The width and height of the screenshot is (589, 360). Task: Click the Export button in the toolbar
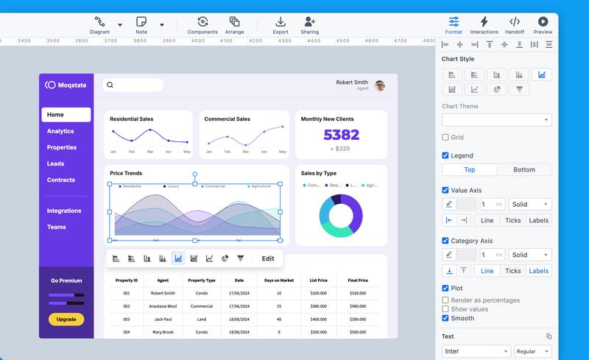click(281, 24)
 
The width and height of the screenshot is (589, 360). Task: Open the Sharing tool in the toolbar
click(310, 24)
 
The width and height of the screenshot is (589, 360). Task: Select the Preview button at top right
click(543, 24)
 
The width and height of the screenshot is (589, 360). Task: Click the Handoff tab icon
click(515, 24)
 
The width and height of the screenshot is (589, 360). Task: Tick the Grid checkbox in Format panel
click(445, 137)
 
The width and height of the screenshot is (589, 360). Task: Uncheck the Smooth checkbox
click(445, 319)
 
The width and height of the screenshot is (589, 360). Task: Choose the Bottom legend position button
click(524, 170)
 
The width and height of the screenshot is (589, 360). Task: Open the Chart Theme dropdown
click(496, 119)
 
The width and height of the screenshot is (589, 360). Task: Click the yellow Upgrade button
click(66, 320)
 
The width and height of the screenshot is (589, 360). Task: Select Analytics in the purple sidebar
click(60, 131)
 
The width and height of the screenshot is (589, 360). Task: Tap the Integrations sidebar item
click(64, 211)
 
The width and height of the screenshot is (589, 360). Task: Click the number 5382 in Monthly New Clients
click(342, 135)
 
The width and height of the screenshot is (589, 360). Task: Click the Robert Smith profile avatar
click(380, 85)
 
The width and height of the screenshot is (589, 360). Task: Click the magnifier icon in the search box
click(110, 85)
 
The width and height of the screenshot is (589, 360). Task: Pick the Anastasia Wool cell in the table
click(163, 306)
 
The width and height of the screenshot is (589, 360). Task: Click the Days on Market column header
click(279, 280)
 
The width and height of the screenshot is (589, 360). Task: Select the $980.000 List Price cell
click(319, 306)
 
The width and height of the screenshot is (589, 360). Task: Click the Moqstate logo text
click(72, 85)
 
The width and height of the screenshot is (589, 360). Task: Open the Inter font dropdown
click(476, 351)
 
